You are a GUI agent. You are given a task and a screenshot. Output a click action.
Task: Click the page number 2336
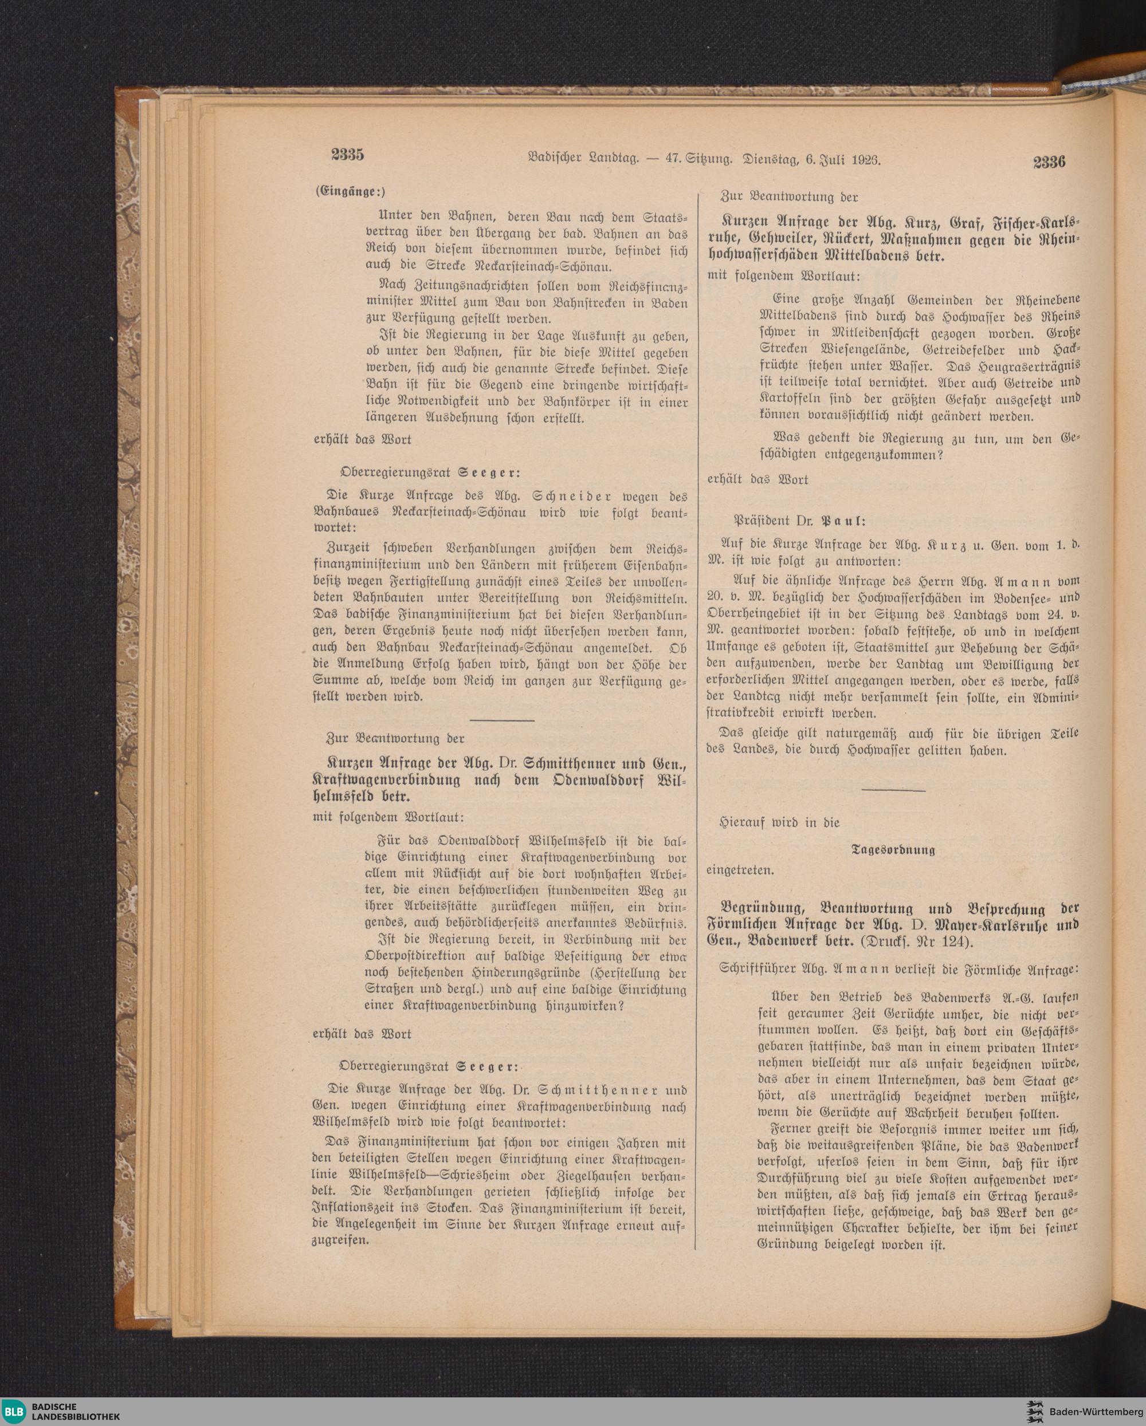[x=1049, y=161]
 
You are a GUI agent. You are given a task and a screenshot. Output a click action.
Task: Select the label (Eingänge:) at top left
[x=349, y=192]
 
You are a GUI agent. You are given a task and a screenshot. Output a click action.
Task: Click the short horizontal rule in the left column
[x=501, y=719]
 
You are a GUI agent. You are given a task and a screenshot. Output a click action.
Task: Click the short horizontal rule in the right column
[x=893, y=790]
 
